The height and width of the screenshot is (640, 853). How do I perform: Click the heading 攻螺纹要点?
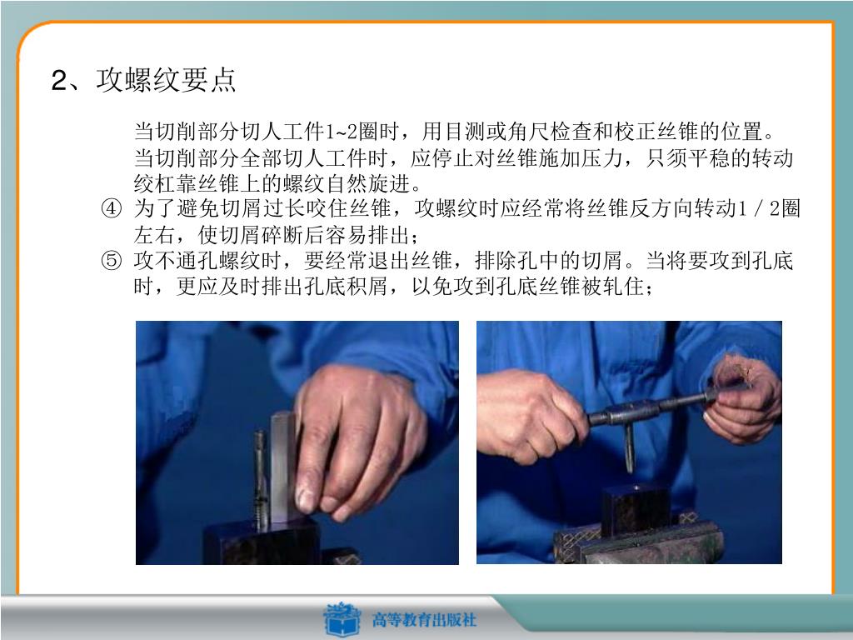[x=166, y=79]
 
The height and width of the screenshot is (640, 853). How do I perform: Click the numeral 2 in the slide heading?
[x=59, y=81]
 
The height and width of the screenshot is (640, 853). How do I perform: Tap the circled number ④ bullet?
[x=112, y=208]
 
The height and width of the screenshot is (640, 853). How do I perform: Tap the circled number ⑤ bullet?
[x=112, y=260]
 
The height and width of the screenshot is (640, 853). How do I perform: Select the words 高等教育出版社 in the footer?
[x=424, y=620]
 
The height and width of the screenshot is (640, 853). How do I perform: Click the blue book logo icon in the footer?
[x=342, y=619]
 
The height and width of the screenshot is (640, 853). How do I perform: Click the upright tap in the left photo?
[x=260, y=480]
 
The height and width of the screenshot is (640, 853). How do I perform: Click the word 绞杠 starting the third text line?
[x=154, y=183]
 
